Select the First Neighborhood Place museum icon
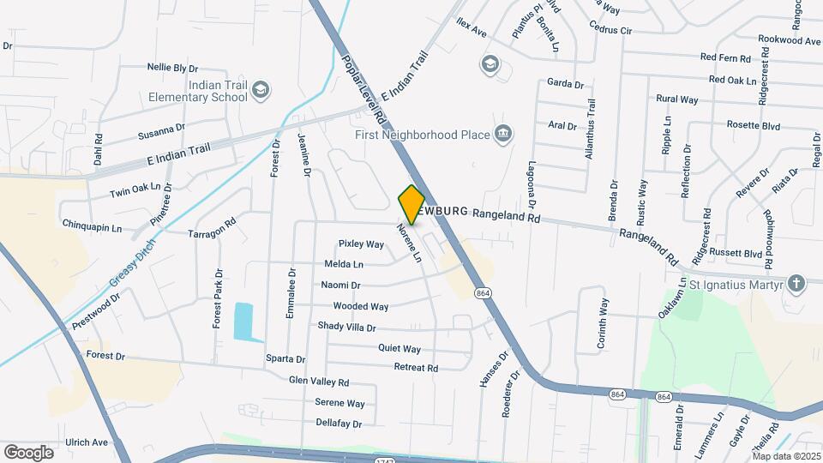(x=503, y=134)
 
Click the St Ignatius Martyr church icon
(x=796, y=284)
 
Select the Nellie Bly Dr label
(x=172, y=67)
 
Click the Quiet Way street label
(x=399, y=349)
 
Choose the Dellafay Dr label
(x=339, y=424)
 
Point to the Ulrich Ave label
(x=87, y=442)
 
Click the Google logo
(x=28, y=452)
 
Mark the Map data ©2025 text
(x=786, y=456)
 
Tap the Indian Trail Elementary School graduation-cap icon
(x=261, y=89)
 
